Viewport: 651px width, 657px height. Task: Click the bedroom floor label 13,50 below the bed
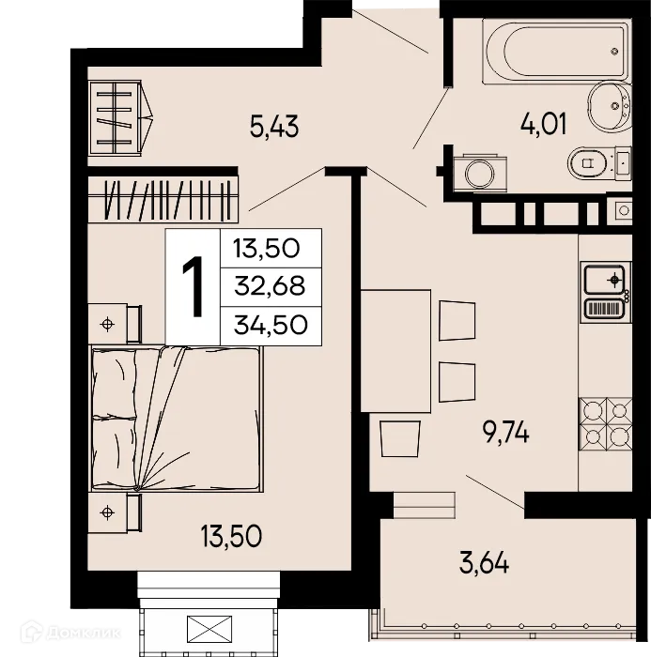[x=229, y=537]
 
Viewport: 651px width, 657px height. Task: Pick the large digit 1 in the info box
[x=193, y=288]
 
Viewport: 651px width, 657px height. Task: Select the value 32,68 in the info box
[x=267, y=286]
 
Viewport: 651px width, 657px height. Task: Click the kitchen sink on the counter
[x=604, y=280]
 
